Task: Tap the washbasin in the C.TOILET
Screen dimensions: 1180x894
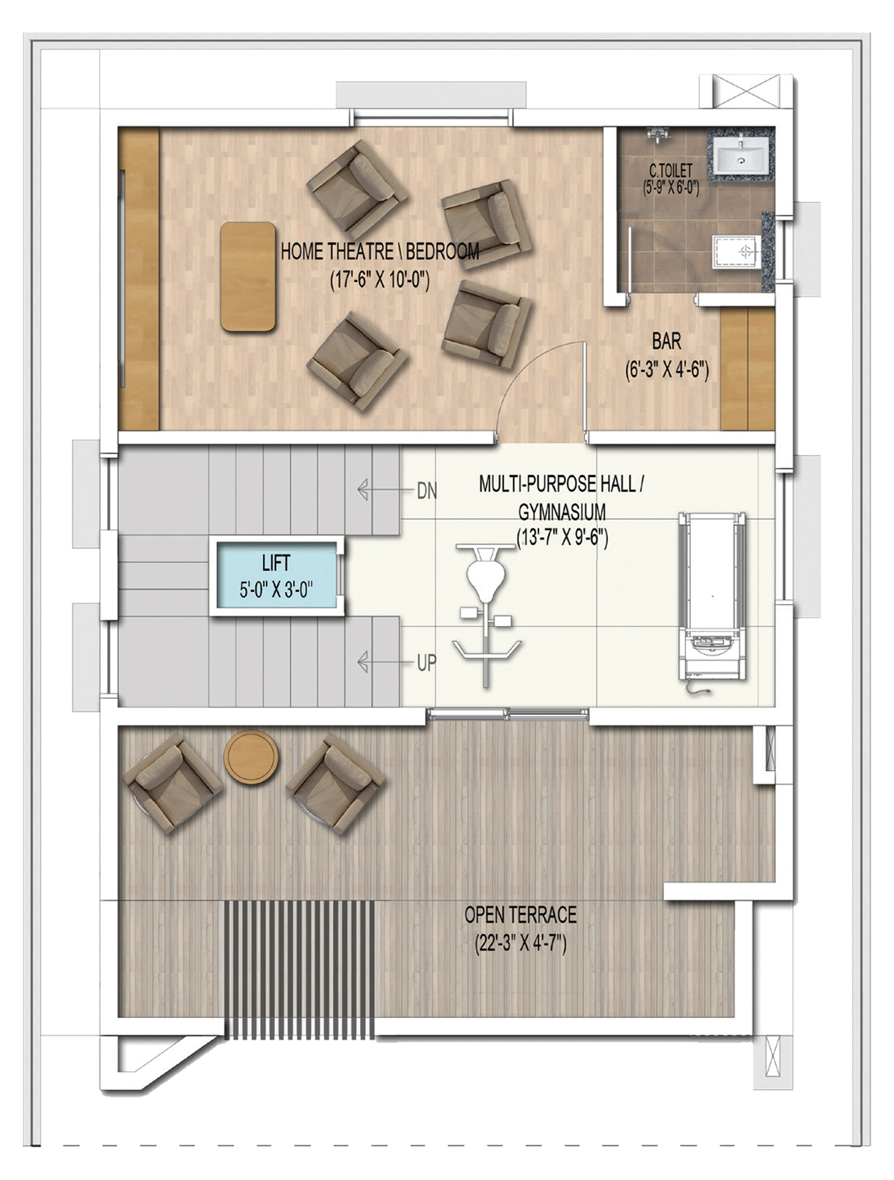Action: point(740,155)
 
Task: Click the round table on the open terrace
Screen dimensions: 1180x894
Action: point(251,756)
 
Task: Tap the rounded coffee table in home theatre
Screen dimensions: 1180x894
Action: point(248,276)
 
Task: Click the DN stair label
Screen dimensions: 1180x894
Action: point(427,491)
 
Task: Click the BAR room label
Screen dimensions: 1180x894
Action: point(666,342)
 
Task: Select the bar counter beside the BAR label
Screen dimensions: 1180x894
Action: point(747,368)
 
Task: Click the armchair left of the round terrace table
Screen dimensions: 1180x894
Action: point(172,782)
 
